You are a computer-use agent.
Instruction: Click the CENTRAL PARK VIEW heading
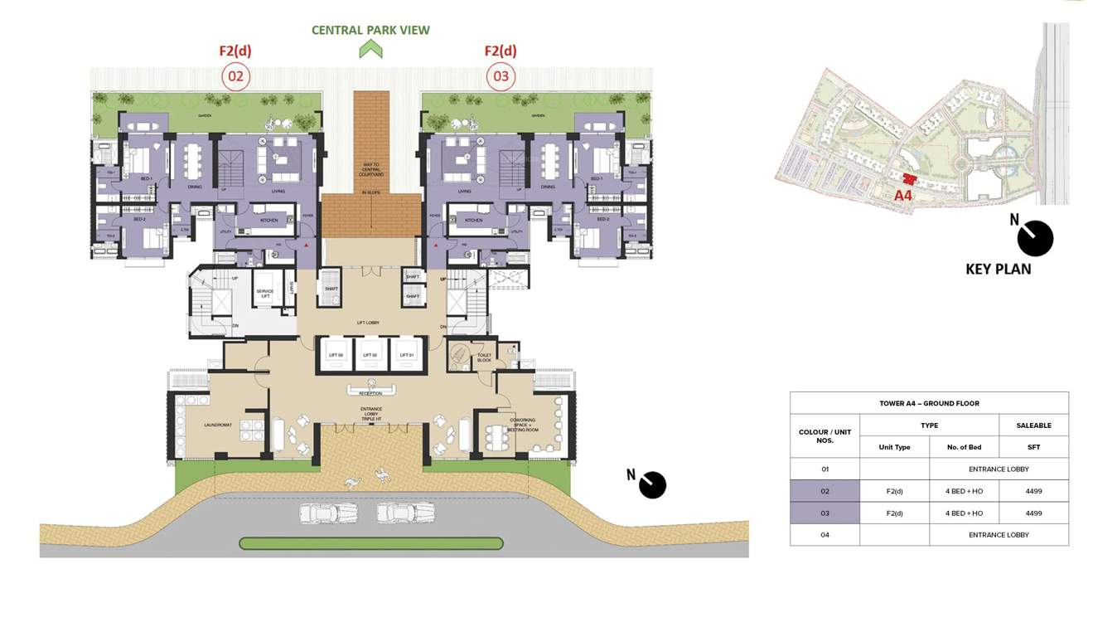370,30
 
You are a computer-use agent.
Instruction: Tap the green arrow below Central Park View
370,50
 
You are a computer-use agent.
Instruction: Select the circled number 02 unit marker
235,77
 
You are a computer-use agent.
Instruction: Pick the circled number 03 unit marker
501,77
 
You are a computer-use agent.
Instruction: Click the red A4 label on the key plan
903,196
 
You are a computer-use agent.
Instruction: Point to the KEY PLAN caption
998,269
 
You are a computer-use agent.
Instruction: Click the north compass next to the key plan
1034,238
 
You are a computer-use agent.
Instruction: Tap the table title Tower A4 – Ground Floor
929,403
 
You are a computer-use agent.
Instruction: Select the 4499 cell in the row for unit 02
1033,491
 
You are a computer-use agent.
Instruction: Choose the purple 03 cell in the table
825,513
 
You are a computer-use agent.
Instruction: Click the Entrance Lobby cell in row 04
999,535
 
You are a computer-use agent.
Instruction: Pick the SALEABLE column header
1033,425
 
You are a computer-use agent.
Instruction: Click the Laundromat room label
217,425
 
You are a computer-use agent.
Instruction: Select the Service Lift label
264,294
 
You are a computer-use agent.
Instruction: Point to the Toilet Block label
484,357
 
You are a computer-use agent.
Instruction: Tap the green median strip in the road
370,544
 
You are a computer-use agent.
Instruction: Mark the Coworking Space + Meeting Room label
524,426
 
